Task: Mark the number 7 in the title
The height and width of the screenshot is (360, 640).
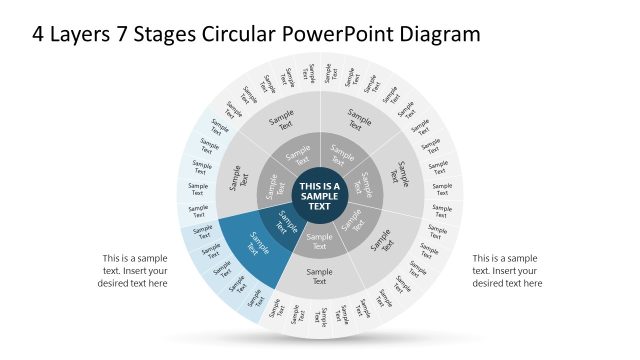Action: [x=112, y=34]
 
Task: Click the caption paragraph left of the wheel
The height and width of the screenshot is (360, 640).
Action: [x=134, y=270]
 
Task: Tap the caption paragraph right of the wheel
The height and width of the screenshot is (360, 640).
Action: [x=507, y=270]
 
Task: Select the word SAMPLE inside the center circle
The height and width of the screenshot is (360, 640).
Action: [x=320, y=197]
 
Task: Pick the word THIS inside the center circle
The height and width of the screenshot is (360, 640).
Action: [x=311, y=187]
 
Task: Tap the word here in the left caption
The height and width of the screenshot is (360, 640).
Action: [x=157, y=283]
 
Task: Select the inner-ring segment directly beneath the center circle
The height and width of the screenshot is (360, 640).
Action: [x=320, y=241]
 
